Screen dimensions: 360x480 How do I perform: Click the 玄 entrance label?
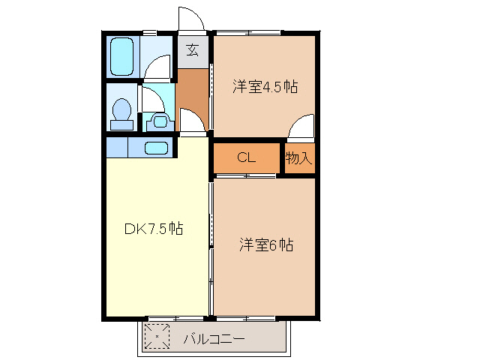click(193, 51)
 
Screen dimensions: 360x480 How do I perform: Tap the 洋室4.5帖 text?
click(265, 87)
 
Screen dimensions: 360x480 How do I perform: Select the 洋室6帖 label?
click(266, 244)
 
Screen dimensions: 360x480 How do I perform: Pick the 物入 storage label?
click(298, 158)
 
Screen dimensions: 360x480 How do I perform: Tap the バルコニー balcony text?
click(214, 339)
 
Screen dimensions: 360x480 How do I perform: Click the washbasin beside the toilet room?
click(158, 119)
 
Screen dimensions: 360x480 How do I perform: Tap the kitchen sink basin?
click(155, 147)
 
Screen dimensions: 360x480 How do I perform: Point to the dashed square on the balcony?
click(157, 337)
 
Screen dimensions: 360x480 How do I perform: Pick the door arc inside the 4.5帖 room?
click(301, 128)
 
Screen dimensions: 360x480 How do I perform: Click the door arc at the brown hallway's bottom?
click(191, 120)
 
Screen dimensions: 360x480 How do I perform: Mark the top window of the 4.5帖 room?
click(247, 32)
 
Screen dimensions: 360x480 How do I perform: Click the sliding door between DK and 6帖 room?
click(211, 247)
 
